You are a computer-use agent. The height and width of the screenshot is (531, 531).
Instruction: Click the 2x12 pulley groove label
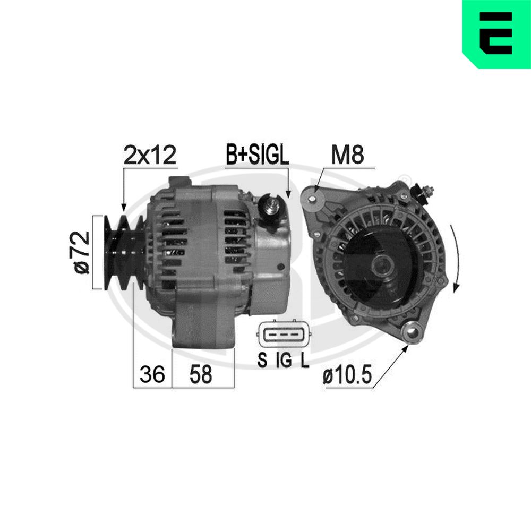[150, 155]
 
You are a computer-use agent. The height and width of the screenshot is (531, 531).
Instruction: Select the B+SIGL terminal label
[257, 155]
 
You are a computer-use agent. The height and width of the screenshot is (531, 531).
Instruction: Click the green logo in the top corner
[496, 34]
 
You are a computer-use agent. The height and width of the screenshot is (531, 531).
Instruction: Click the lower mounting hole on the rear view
[412, 333]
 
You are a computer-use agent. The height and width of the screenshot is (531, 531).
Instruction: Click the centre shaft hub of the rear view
[381, 263]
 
